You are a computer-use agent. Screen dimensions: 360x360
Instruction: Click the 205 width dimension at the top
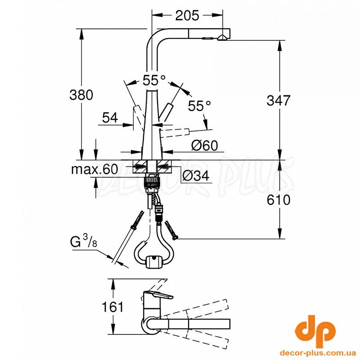pos(187,16)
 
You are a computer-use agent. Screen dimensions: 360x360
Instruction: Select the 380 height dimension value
pos(81,94)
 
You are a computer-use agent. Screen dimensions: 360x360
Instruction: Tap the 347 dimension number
pos(279,100)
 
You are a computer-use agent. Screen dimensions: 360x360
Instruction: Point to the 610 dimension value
pos(279,200)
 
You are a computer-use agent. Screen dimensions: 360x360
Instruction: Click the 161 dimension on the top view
pos(112,306)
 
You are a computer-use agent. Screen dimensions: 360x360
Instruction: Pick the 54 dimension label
pos(110,117)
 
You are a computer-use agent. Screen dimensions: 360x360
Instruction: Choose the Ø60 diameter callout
pos(205,145)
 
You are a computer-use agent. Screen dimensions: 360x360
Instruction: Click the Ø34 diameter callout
pos(196,176)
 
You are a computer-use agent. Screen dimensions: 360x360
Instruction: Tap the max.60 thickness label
pos(94,169)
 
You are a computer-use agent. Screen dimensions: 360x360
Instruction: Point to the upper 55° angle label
pos(154,80)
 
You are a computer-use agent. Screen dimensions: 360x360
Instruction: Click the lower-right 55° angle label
pos(199,106)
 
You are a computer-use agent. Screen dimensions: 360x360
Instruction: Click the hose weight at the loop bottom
pos(153,261)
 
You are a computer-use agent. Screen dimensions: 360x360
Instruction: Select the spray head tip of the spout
pos(223,38)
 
